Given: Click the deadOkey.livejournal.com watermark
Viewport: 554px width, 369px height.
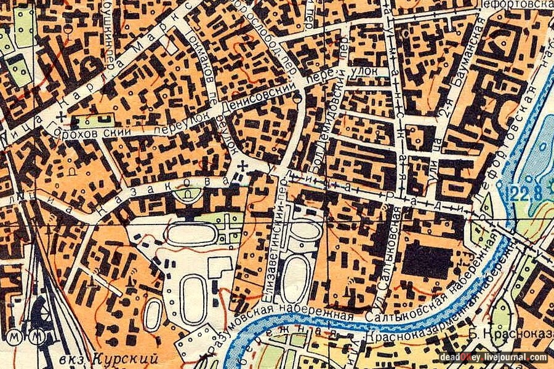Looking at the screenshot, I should [494, 357].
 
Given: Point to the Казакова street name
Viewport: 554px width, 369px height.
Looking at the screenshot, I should [166, 190].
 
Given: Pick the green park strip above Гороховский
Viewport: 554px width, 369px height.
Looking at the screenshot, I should [96, 121].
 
